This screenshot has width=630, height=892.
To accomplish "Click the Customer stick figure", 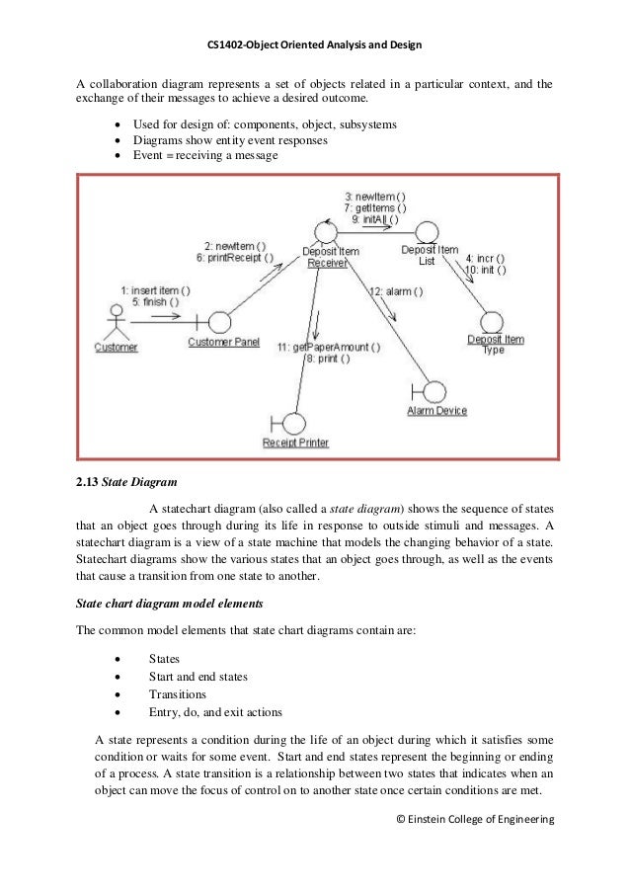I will click(x=117, y=321).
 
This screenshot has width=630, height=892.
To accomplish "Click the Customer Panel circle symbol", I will click(x=219, y=322).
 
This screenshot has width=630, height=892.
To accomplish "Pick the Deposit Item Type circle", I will click(x=491, y=323).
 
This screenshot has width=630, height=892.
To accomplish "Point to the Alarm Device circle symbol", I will click(x=435, y=392).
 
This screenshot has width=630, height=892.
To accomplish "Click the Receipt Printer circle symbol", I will click(x=293, y=423).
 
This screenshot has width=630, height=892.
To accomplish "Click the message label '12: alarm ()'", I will click(x=396, y=291).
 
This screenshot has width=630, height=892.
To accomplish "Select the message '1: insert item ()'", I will click(x=156, y=290).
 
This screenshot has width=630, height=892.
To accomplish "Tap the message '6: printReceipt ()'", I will click(x=235, y=257).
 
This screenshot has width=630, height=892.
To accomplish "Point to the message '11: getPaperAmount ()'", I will click(x=328, y=347).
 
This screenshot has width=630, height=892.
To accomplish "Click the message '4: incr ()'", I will click(x=485, y=257).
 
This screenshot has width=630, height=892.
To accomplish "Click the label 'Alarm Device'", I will click(x=436, y=411).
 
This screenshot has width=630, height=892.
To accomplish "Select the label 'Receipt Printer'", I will click(x=295, y=443).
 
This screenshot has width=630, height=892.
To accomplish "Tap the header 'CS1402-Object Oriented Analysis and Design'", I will click(x=315, y=45).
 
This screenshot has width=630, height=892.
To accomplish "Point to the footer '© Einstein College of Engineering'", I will click(x=474, y=819).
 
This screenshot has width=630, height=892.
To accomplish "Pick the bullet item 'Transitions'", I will click(x=177, y=693).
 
